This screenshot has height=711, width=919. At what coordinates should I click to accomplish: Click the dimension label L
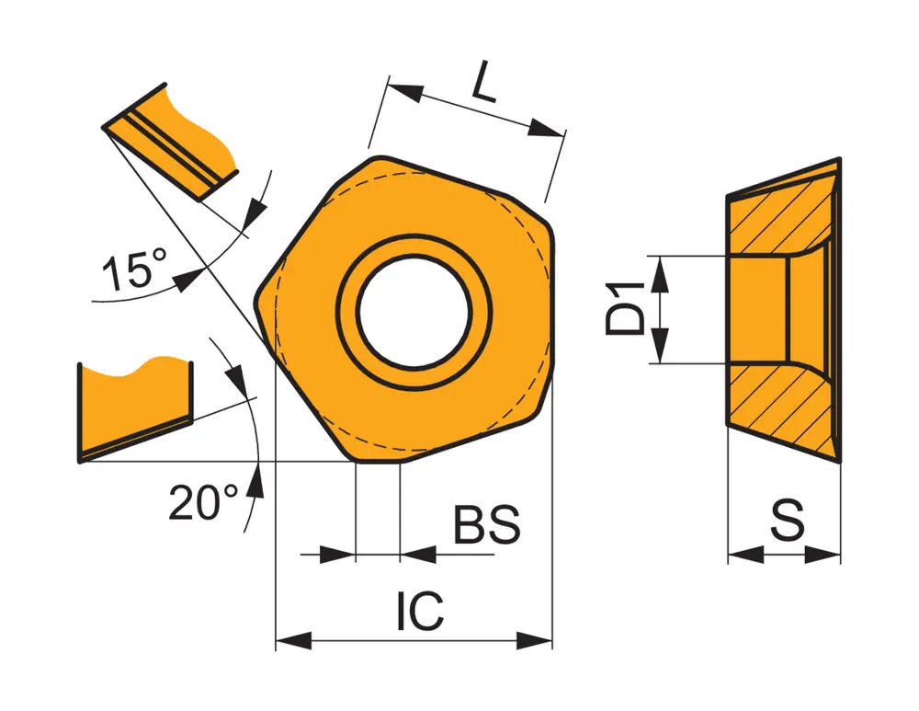click(484, 80)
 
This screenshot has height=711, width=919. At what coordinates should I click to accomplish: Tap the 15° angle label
click(134, 269)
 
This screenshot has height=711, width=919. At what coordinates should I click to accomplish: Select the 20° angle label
click(203, 502)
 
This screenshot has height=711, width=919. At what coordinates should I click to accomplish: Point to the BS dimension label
click(487, 524)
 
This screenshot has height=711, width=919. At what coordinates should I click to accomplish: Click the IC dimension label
click(420, 611)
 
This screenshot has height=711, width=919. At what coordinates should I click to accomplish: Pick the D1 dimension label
click(625, 308)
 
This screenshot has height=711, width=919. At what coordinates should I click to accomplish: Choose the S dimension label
click(788, 521)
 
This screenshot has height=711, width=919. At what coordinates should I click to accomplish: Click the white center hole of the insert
click(414, 312)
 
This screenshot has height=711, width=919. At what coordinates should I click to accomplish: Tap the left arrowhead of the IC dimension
click(293, 640)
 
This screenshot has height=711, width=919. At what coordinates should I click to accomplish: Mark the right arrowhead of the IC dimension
click(535, 640)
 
